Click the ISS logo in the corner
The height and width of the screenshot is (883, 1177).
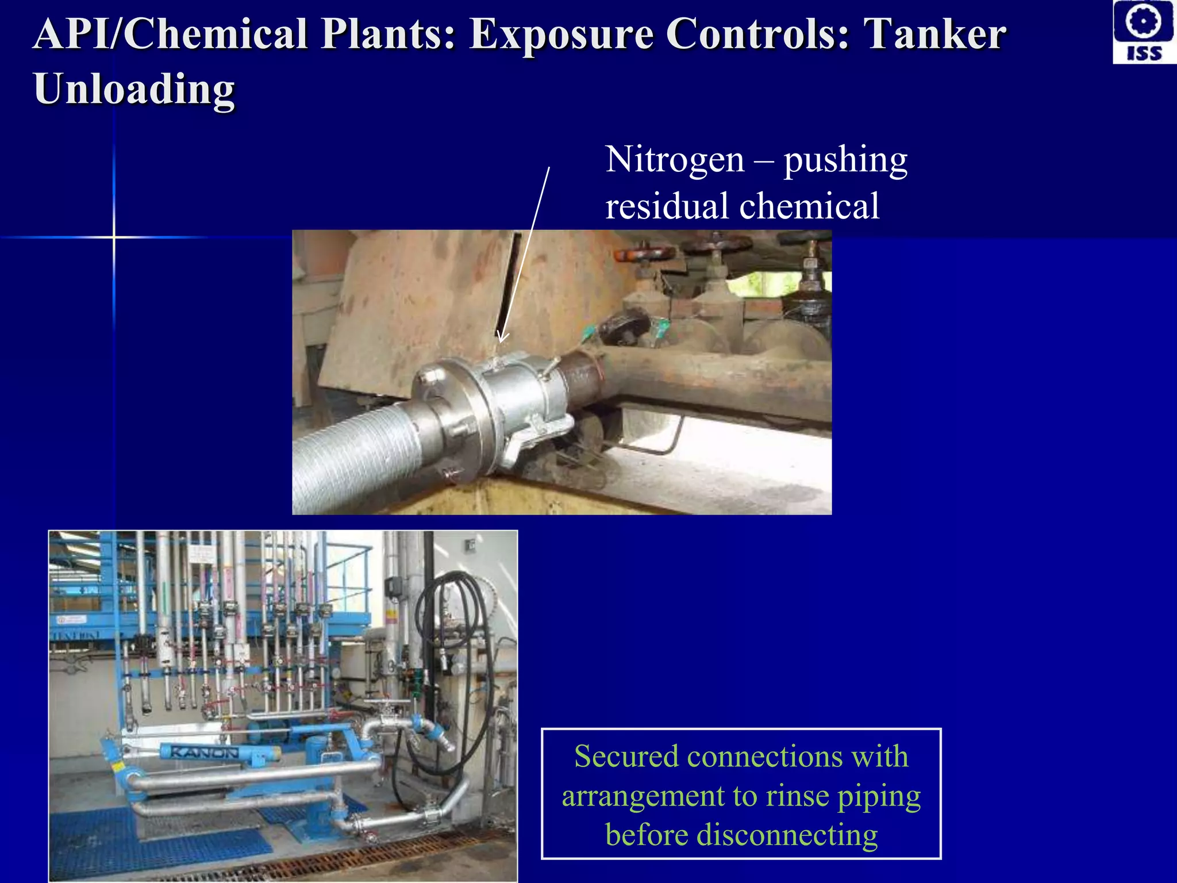click(1144, 32)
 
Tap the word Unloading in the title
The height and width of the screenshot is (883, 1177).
click(134, 89)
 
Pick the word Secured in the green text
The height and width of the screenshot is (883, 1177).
click(626, 757)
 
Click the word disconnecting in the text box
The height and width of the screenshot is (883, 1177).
click(787, 835)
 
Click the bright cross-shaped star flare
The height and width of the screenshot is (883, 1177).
click(114, 237)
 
